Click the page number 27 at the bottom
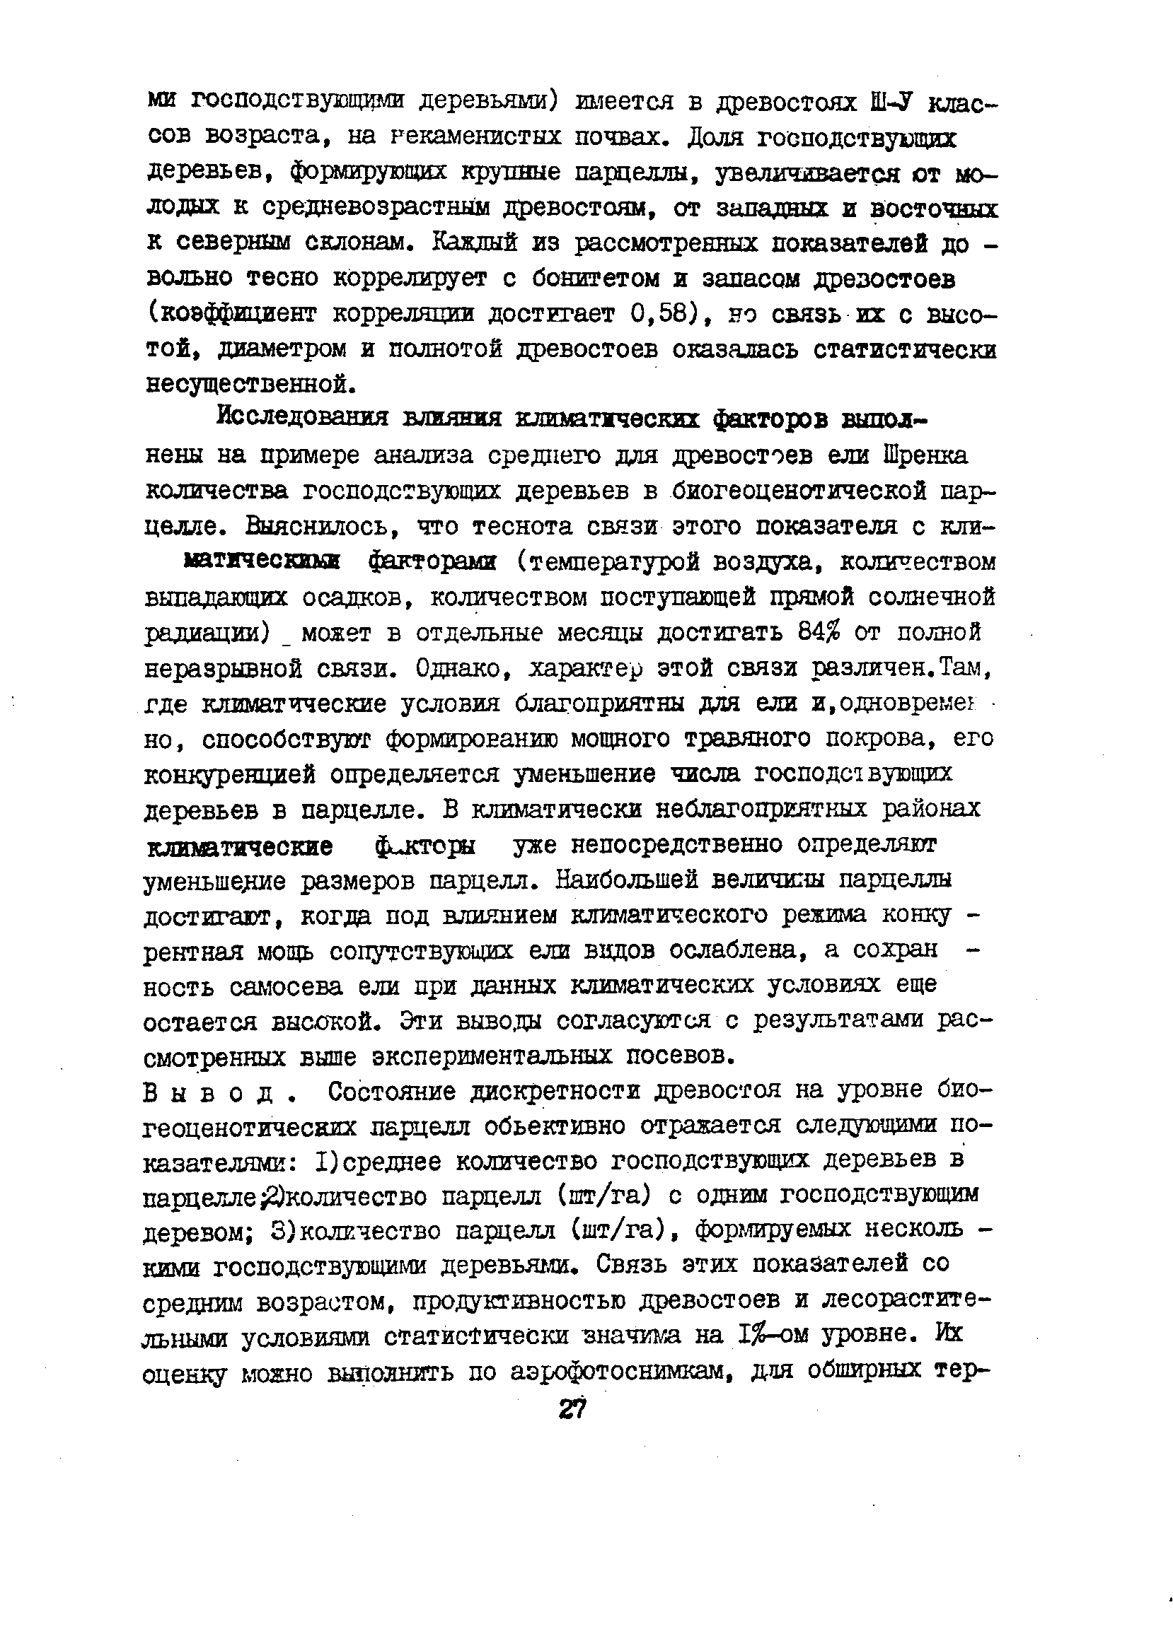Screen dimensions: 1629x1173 [572, 1409]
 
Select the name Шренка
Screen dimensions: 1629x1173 [929, 455]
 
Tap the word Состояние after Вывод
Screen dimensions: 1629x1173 [391, 1092]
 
